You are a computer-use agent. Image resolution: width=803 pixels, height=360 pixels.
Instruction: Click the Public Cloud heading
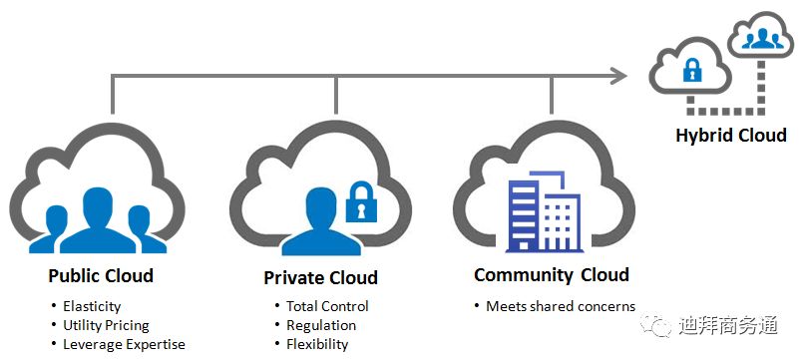click(x=101, y=276)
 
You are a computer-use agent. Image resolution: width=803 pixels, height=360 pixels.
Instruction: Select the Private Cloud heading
click(x=320, y=278)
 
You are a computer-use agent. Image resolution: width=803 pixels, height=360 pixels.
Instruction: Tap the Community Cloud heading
click(x=552, y=275)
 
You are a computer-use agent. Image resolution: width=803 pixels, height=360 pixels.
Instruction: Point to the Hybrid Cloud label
click(x=731, y=136)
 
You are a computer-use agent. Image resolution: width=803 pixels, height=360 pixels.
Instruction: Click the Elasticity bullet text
click(x=92, y=307)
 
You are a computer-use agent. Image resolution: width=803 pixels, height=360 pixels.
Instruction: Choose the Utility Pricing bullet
click(x=106, y=326)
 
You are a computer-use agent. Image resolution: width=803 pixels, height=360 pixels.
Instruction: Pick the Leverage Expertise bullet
click(x=124, y=344)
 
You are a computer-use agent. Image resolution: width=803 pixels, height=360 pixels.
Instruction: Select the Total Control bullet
click(x=327, y=306)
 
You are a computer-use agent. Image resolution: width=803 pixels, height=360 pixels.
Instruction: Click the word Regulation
click(x=321, y=326)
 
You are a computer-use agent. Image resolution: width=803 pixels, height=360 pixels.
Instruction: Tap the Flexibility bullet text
click(x=317, y=344)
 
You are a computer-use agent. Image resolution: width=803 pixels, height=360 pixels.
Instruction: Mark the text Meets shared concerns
click(x=561, y=306)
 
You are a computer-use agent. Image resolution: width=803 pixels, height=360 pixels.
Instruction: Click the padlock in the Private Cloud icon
click(x=361, y=201)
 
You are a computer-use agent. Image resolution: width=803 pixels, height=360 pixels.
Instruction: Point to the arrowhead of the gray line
click(x=619, y=77)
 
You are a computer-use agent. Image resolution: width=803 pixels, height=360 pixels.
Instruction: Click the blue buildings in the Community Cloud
click(x=544, y=212)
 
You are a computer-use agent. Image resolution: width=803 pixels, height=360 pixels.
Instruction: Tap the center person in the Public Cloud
click(x=98, y=220)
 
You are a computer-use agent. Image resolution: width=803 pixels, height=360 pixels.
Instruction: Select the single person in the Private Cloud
click(x=321, y=221)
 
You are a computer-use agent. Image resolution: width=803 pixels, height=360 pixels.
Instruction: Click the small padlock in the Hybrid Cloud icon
click(x=692, y=70)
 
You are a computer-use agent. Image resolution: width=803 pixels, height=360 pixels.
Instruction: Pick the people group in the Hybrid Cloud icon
click(x=762, y=39)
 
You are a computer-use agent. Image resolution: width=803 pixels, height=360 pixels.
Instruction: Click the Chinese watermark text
click(x=728, y=326)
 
